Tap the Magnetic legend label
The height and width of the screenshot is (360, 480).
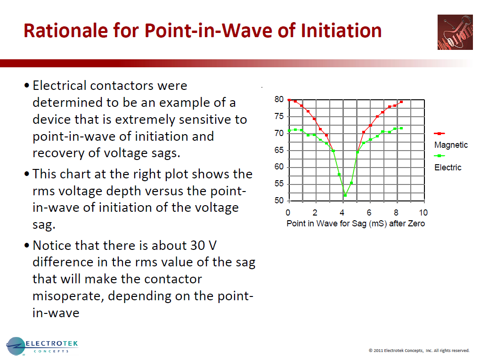click(451, 145)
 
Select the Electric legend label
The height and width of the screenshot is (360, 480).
click(447, 168)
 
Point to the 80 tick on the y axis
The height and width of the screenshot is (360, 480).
click(279, 100)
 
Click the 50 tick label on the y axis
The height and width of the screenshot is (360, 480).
click(279, 201)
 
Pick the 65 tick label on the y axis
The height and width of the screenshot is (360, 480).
click(279, 150)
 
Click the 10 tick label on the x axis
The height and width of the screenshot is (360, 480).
click(423, 213)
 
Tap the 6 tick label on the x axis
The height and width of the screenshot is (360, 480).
click(370, 213)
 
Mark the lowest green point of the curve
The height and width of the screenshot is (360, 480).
click(345, 195)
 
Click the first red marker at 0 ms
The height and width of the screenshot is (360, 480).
click(289, 100)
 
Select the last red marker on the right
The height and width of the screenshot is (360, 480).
click(401, 102)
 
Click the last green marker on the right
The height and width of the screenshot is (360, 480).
click(401, 128)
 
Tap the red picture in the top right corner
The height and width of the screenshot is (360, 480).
click(455, 32)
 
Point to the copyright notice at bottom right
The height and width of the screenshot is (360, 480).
click(419, 351)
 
